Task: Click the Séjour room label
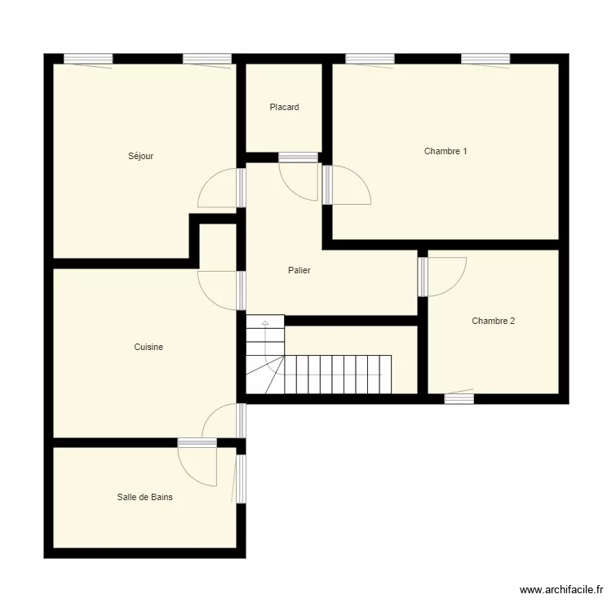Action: pyautogui.click(x=140, y=156)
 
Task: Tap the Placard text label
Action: pyautogui.click(x=284, y=107)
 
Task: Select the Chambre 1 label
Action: pyautogui.click(x=446, y=151)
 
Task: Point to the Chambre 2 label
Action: pyautogui.click(x=493, y=321)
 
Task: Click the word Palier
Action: pyautogui.click(x=299, y=270)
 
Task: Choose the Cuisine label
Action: pyautogui.click(x=149, y=347)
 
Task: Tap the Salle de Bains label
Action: pyautogui.click(x=144, y=496)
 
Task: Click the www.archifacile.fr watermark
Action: pyautogui.click(x=563, y=590)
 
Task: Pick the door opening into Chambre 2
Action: pyautogui.click(x=446, y=277)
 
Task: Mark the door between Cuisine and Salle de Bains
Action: pyautogui.click(x=198, y=465)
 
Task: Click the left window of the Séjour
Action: pyautogui.click(x=88, y=59)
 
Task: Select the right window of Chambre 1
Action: pyautogui.click(x=486, y=59)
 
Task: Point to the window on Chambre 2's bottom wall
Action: pyautogui.click(x=459, y=398)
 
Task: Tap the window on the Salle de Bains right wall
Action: pyautogui.click(x=241, y=478)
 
